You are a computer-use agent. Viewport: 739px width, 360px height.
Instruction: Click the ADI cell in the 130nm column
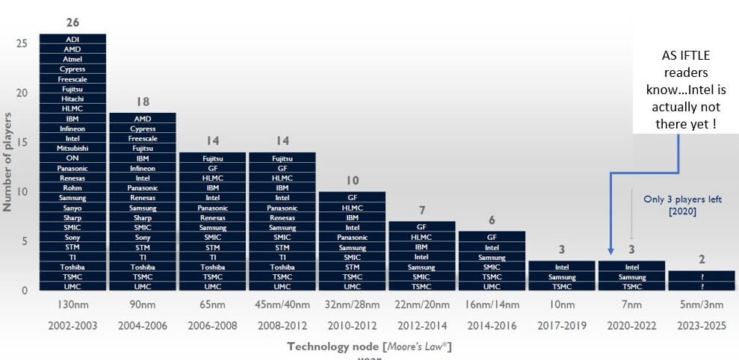click(72, 39)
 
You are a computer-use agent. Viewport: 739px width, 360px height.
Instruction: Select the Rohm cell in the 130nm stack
click(72, 187)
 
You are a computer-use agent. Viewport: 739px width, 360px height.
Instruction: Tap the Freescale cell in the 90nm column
click(143, 138)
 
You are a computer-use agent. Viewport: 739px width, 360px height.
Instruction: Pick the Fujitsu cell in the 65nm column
click(212, 158)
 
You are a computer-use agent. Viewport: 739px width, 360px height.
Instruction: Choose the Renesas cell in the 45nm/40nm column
click(282, 217)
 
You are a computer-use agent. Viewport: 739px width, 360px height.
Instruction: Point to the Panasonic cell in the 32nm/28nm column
click(352, 237)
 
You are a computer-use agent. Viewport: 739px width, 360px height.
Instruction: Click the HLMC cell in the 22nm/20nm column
click(421, 237)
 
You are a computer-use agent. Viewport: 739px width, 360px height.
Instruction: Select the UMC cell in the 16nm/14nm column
click(492, 286)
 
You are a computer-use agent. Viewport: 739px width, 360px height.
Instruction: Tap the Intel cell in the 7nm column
click(631, 267)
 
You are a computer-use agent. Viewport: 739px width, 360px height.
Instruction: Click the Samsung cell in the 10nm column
click(561, 276)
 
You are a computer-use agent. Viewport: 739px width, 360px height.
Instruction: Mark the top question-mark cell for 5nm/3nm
click(702, 276)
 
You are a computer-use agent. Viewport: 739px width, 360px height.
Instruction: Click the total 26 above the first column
click(72, 23)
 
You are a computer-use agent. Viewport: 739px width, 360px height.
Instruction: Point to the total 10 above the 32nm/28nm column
click(352, 181)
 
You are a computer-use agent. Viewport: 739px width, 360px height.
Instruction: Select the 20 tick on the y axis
click(22, 93)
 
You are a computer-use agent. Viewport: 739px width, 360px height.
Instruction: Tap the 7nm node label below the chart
click(631, 305)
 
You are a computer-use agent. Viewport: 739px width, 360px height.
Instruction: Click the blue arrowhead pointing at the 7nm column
click(610, 252)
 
